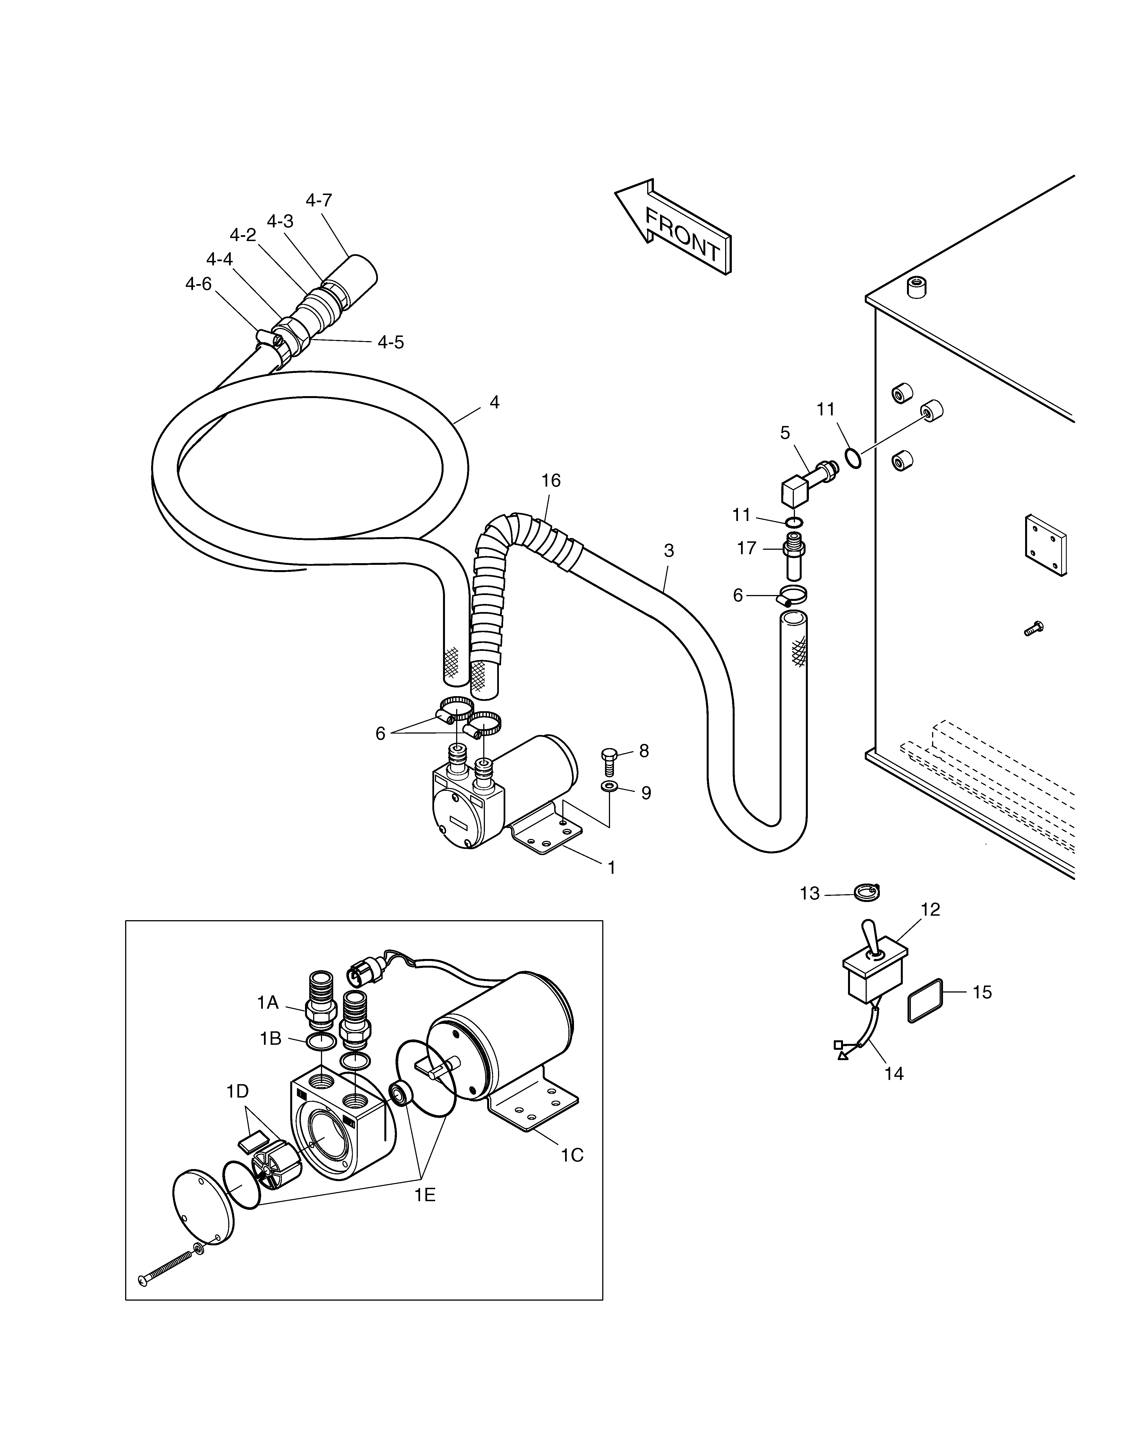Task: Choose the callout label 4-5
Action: tap(391, 342)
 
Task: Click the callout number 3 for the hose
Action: tap(669, 551)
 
